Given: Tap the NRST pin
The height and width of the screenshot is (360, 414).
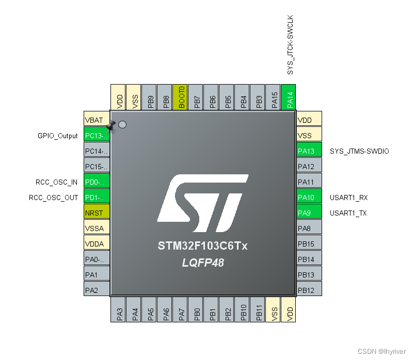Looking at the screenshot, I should (97, 212).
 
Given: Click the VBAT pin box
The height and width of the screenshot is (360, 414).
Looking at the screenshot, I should (97, 119).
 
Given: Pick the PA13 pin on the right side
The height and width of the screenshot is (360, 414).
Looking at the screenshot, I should (309, 151).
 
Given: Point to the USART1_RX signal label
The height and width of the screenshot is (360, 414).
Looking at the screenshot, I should (348, 198).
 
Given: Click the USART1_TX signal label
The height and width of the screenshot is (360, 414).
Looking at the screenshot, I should (348, 213).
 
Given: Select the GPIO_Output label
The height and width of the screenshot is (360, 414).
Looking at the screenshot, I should (58, 136).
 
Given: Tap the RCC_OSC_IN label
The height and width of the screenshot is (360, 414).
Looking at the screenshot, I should (57, 182).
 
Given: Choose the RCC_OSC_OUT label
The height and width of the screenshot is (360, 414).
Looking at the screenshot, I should (54, 198).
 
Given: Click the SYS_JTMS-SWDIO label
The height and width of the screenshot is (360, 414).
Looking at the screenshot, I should (359, 151).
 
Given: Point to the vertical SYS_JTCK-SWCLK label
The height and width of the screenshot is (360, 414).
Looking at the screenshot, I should (290, 45).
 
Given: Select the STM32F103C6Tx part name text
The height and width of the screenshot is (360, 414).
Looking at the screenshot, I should (203, 246).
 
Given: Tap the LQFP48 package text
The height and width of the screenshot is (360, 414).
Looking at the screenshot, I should (203, 263).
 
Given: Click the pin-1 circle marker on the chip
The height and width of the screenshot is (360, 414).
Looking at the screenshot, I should (122, 124).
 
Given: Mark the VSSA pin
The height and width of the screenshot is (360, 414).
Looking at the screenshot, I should (97, 227).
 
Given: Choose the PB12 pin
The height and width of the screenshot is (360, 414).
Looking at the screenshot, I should (309, 290).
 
